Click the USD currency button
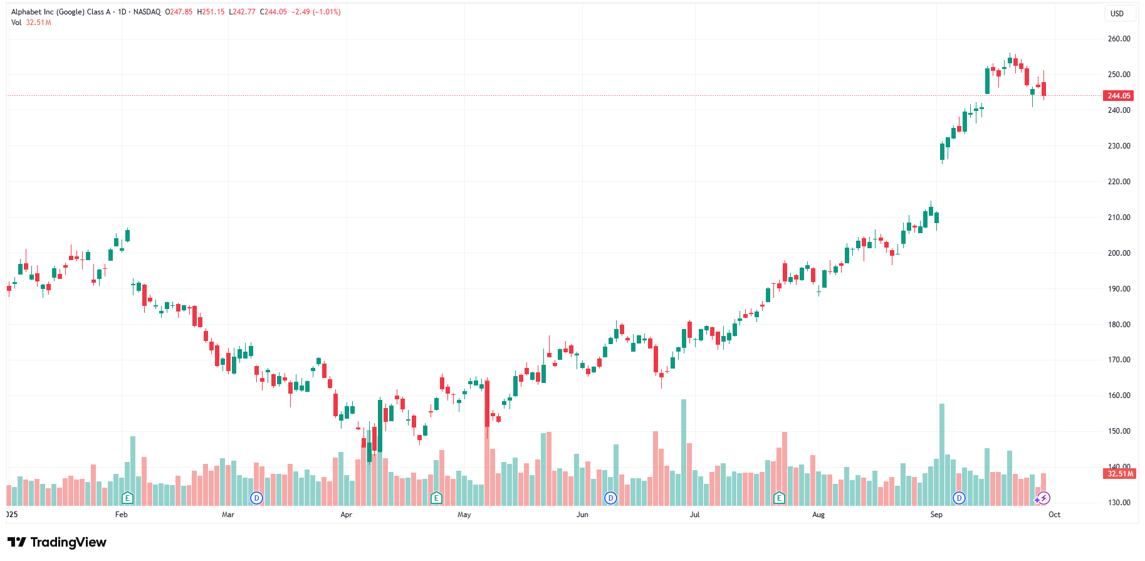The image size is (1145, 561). coord(1117,13)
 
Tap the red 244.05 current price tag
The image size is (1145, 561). coord(1119,96)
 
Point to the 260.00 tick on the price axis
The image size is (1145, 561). coord(1119,39)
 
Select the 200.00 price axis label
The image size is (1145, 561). coord(1119,253)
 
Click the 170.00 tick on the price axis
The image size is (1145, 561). coord(1119,360)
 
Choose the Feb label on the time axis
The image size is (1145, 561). coord(122,515)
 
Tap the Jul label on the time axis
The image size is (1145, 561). coord(694,515)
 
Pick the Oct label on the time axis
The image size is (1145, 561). coord(1055,515)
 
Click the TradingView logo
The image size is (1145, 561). coord(57,542)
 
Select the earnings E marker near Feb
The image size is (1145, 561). coord(127,498)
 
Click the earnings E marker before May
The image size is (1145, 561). coord(436,498)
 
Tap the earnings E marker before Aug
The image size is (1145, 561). coord(779,498)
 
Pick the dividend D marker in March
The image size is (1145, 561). coord(256,498)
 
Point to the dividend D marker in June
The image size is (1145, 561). coord(610,498)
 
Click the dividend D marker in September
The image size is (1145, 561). coord(959,498)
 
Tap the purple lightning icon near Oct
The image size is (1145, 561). coord(1043,498)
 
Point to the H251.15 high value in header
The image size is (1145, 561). coord(211,12)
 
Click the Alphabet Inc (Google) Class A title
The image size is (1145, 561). coord(61,12)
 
